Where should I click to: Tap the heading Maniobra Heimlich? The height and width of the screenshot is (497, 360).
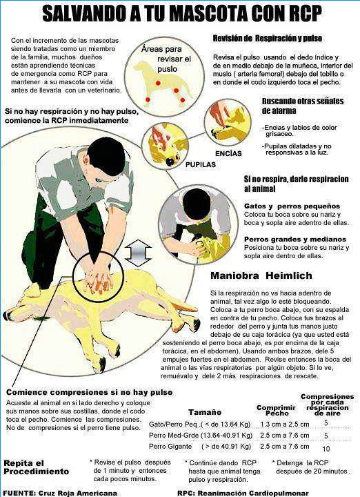point(261,275)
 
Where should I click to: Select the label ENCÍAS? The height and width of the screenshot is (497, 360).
point(228,154)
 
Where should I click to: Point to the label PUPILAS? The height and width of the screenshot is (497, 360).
point(201,165)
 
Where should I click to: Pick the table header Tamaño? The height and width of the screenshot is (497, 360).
point(205,412)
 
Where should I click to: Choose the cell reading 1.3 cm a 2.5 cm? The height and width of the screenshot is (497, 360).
point(285,424)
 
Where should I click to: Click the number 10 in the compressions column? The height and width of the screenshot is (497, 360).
point(326,449)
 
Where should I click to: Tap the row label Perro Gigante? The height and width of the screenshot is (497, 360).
point(170,447)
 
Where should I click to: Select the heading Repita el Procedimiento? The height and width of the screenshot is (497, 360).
point(36,467)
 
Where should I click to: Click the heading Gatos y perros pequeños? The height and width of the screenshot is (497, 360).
point(292,206)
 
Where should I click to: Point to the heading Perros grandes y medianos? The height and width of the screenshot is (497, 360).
point(295,240)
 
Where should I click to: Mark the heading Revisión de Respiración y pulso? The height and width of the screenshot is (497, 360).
point(267,39)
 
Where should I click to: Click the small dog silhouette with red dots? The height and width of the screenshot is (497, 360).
point(162,81)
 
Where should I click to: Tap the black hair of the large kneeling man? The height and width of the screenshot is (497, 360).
point(106,155)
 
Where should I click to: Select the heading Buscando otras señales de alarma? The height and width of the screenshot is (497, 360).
point(302,106)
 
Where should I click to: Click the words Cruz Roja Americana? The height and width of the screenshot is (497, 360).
point(78,493)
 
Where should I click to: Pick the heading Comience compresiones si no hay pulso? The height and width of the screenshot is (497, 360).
point(89,392)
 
